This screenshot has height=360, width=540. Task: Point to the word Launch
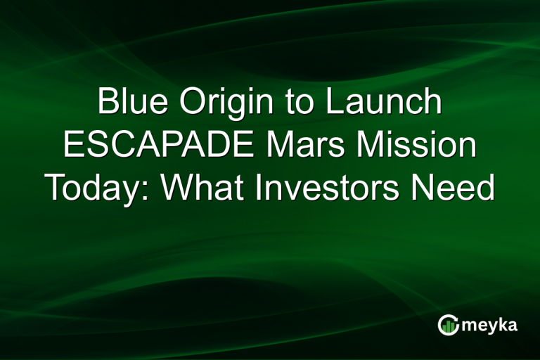coord(382,103)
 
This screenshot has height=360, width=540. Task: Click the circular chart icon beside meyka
coord(448,325)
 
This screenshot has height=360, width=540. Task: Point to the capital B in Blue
coord(108,103)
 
